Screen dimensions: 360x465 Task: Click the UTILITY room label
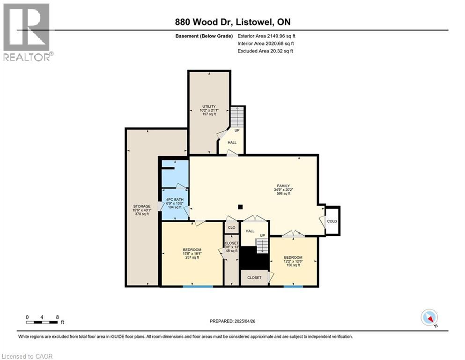[209, 106]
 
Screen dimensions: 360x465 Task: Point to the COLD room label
[332, 221]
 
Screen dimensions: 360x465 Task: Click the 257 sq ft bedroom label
[192, 249]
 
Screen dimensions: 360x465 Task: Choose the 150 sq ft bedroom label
[293, 257]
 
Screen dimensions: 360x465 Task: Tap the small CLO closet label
[231, 227]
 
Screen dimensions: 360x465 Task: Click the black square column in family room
[240, 206]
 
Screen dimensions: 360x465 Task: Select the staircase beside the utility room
[237, 117]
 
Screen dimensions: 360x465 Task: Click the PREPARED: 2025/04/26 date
[233, 321]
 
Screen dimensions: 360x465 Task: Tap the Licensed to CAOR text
[28, 356]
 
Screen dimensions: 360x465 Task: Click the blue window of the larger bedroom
[192, 286]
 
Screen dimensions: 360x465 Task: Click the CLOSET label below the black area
[254, 277]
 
